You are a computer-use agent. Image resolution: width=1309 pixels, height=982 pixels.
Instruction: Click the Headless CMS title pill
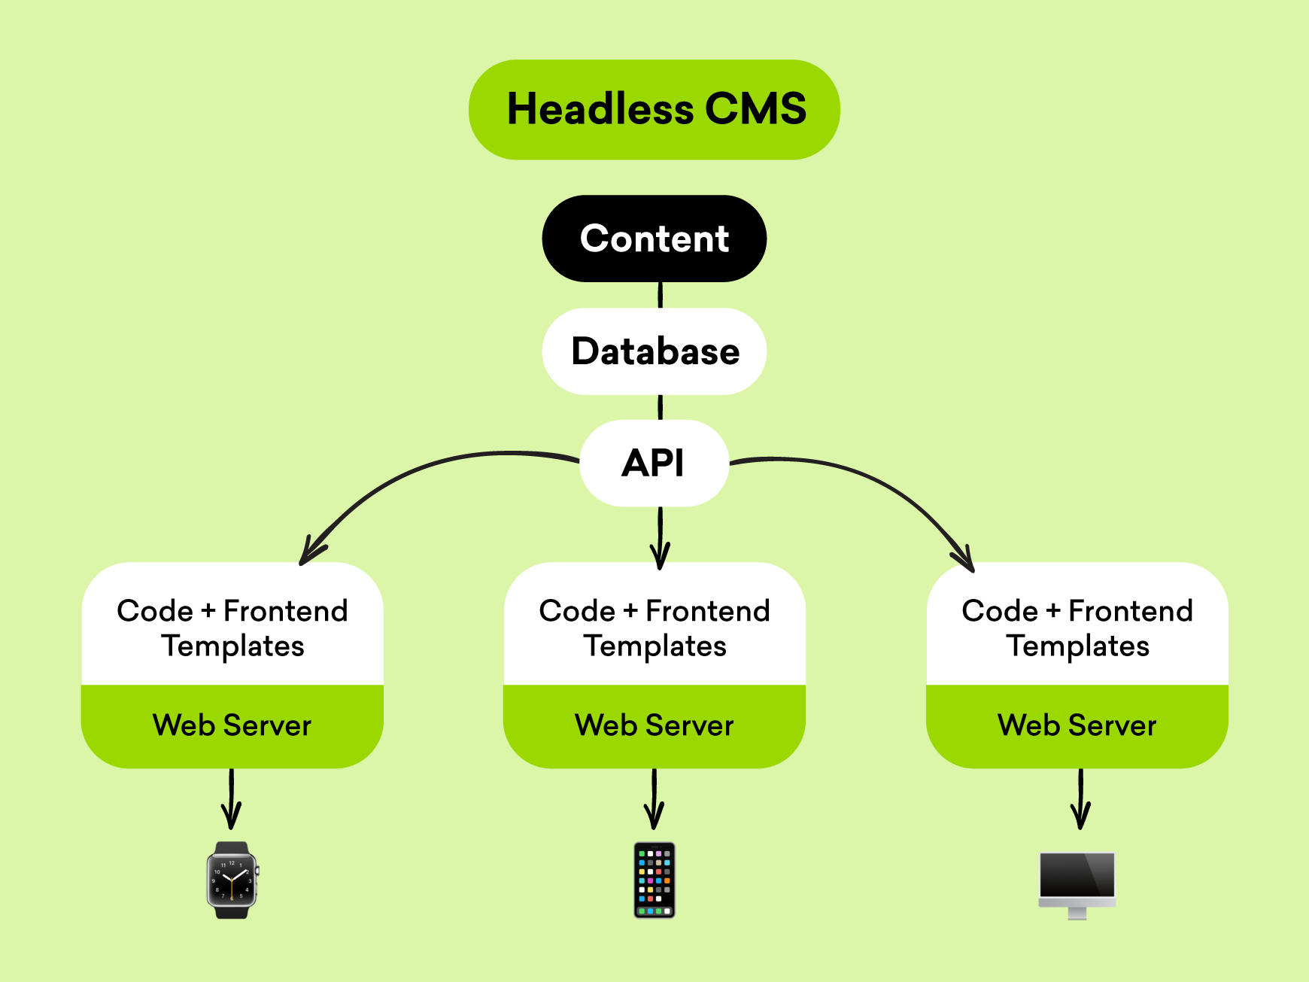coord(654,110)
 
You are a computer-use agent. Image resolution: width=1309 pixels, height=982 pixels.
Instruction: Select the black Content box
coord(654,239)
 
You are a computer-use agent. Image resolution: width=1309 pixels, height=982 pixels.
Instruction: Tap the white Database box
coord(654,351)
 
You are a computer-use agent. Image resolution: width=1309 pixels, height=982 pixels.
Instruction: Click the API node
coord(654,463)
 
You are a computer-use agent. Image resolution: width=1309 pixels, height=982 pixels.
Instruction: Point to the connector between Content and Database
coord(661,295)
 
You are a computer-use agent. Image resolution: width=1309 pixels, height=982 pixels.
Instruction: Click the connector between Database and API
coord(661,407)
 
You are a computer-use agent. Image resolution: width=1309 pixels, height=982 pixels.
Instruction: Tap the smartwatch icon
coord(232,880)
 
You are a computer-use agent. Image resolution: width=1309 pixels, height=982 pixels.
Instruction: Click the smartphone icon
coord(654,880)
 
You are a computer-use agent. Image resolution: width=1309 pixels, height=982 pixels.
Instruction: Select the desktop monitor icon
coord(1077,883)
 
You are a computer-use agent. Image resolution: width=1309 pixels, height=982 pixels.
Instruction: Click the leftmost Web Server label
coord(232,725)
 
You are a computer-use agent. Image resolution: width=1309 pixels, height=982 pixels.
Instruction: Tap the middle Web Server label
coord(654,725)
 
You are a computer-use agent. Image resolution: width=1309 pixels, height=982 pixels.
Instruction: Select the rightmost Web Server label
coord(1077,725)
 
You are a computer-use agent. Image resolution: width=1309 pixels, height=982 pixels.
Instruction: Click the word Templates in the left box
coord(233,646)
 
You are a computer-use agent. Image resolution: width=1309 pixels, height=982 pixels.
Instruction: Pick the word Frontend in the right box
coord(1130,611)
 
